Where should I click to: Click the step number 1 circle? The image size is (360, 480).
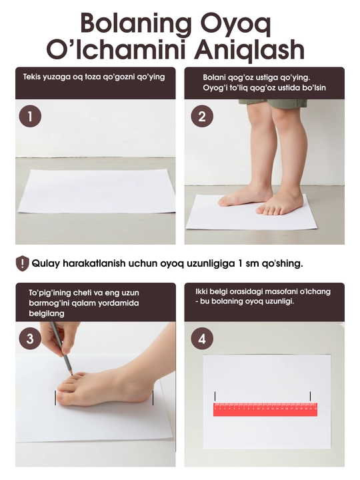30,117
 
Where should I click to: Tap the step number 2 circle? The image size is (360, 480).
202,117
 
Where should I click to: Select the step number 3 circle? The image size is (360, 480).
30,339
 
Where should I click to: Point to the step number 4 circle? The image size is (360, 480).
202,339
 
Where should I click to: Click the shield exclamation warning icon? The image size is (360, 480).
23,263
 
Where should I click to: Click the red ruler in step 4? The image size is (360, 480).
265,409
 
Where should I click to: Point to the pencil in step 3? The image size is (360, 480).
61,348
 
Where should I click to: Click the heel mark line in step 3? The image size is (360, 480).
153,397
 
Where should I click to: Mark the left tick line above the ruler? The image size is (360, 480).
215,396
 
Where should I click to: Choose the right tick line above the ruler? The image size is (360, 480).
311,396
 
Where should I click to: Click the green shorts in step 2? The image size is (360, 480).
273,103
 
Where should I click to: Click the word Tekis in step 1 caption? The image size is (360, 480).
32,77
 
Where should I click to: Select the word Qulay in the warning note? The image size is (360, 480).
46,263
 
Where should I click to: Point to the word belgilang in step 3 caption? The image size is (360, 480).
47,313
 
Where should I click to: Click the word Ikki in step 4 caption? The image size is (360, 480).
202,291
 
